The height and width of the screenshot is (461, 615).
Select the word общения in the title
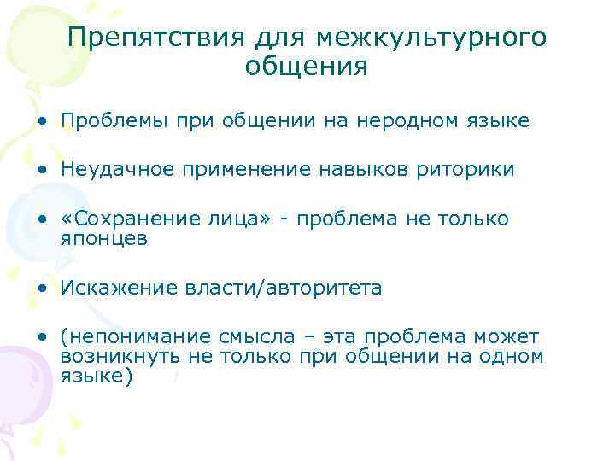[306, 66]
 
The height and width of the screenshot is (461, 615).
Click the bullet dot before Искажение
[42, 289]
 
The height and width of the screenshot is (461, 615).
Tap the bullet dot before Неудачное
[42, 171]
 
